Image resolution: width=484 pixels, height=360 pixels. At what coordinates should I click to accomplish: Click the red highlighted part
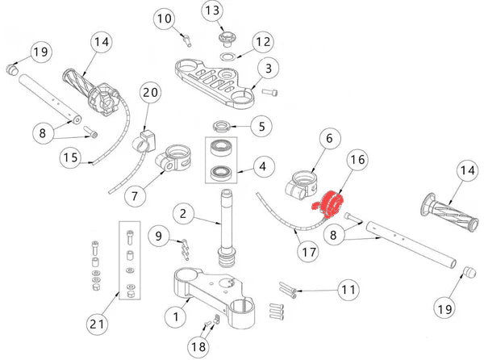(330, 204)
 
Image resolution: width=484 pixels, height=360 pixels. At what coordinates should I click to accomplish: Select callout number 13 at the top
(211, 11)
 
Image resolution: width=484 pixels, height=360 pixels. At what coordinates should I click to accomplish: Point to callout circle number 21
(98, 325)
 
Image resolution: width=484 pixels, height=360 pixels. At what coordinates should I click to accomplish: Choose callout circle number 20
(150, 94)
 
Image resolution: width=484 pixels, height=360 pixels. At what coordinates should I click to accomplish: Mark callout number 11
(348, 289)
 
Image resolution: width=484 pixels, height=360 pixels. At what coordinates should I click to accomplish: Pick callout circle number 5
(261, 126)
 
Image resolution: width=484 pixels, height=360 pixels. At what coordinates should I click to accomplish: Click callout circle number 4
(261, 168)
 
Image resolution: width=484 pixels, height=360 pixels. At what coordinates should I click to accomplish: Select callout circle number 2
(184, 215)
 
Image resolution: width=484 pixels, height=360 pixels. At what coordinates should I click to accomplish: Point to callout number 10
(165, 18)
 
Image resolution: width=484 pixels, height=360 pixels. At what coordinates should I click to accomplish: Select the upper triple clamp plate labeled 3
(214, 81)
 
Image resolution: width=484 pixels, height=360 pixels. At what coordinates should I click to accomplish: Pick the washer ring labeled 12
(229, 58)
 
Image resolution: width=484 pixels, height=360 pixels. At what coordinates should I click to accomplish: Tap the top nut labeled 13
(223, 37)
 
